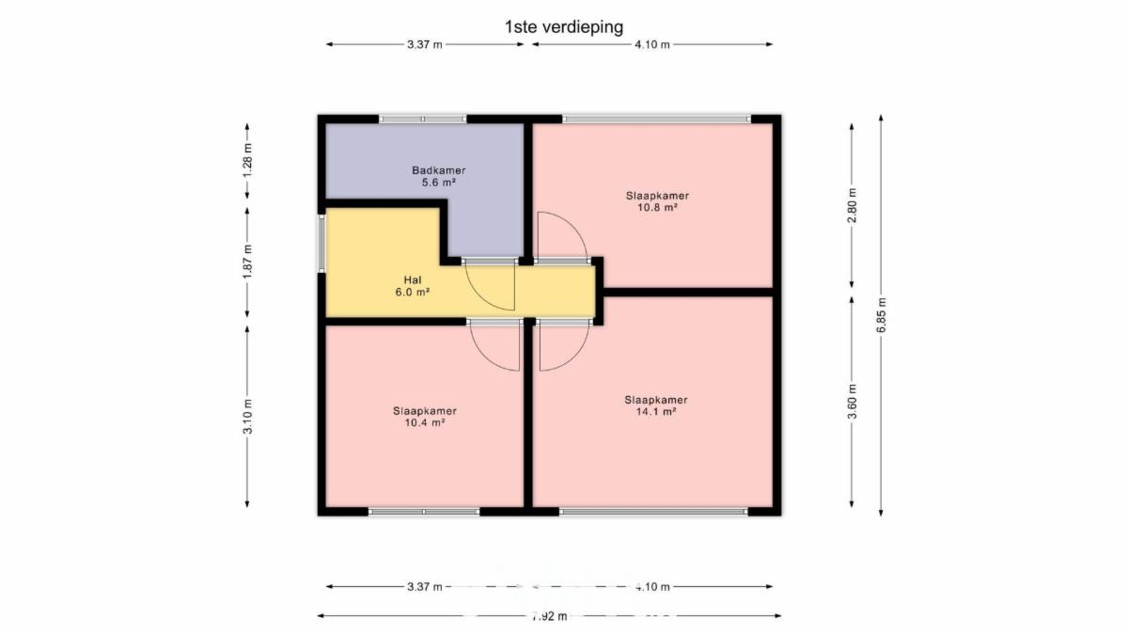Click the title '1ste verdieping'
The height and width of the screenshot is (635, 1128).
(x=564, y=26)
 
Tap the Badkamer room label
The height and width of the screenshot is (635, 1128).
(x=439, y=170)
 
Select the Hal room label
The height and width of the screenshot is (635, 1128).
(x=413, y=279)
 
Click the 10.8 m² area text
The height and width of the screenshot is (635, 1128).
(x=657, y=207)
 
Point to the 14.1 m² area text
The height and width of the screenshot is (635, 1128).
(x=656, y=411)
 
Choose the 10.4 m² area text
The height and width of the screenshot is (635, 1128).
(x=425, y=422)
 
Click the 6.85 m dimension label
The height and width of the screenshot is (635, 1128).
(x=882, y=315)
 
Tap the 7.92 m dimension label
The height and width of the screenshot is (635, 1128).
(x=549, y=616)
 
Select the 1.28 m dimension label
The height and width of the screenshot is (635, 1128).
(x=247, y=161)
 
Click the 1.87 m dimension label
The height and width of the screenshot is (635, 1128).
(x=247, y=262)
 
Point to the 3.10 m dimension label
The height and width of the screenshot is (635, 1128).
(x=247, y=416)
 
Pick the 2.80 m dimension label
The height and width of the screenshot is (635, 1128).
(x=852, y=205)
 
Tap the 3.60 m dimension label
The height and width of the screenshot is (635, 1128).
(x=852, y=402)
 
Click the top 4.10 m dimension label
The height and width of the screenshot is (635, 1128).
(x=652, y=44)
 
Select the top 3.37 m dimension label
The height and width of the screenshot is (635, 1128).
(x=425, y=44)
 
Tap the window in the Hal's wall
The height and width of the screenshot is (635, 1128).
(x=321, y=244)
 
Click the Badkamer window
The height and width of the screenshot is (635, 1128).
(x=423, y=119)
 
